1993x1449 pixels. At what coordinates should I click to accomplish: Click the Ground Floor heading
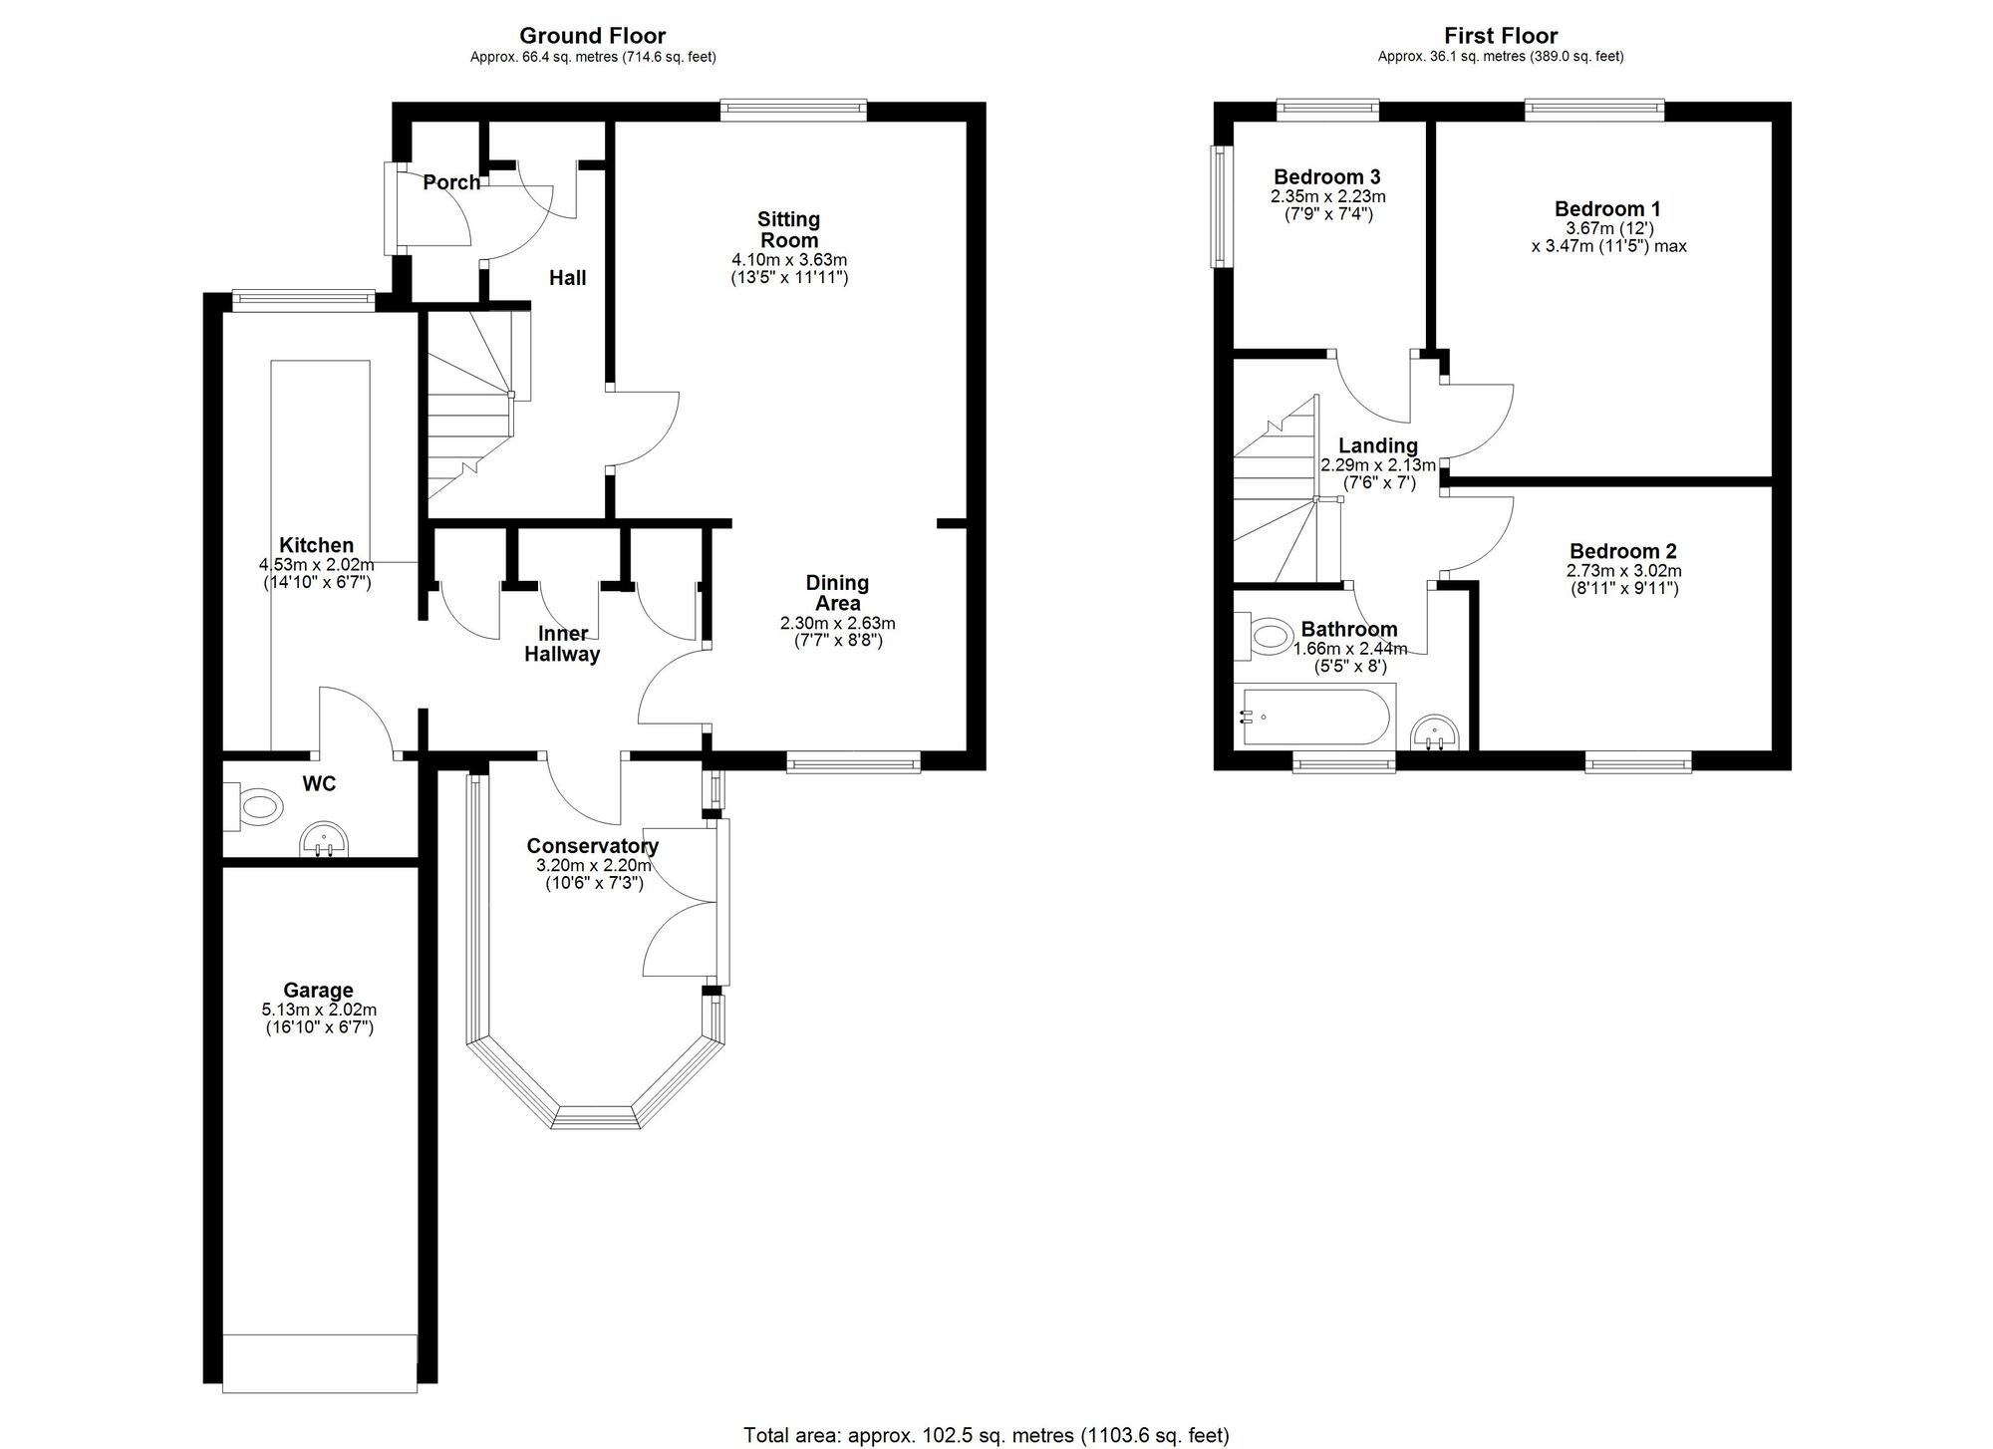pyautogui.click(x=593, y=37)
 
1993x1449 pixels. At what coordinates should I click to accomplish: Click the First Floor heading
pyautogui.click(x=1501, y=37)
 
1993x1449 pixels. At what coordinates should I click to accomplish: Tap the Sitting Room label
pyautogui.click(x=789, y=229)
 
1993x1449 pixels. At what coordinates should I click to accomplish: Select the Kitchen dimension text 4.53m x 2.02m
pyautogui.click(x=317, y=564)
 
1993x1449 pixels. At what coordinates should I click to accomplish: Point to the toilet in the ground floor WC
pyautogui.click(x=250, y=806)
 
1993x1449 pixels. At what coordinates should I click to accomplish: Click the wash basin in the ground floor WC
pyautogui.click(x=325, y=840)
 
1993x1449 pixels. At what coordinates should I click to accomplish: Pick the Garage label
pyautogui.click(x=318, y=990)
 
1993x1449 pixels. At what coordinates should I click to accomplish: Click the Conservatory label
pyautogui.click(x=593, y=846)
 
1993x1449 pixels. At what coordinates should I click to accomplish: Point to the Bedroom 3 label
pyautogui.click(x=1327, y=177)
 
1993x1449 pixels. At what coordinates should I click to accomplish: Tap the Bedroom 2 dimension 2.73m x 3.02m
pyautogui.click(x=1623, y=571)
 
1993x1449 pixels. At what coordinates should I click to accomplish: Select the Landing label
pyautogui.click(x=1378, y=445)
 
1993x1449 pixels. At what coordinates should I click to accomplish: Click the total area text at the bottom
pyautogui.click(x=987, y=1435)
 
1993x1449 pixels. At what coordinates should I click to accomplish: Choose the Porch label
pyautogui.click(x=451, y=182)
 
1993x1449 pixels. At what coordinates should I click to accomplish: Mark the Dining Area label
pyautogui.click(x=837, y=593)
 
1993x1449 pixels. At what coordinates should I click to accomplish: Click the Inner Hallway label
pyautogui.click(x=562, y=644)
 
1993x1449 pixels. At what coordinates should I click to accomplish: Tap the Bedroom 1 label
pyautogui.click(x=1607, y=209)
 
